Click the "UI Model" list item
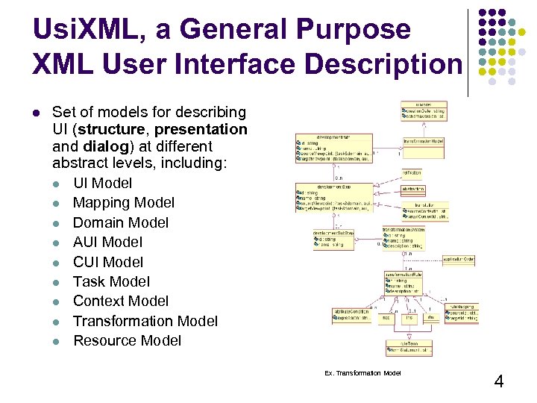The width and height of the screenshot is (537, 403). pyautogui.click(x=102, y=183)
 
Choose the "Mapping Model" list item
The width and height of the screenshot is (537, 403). pyautogui.click(x=123, y=202)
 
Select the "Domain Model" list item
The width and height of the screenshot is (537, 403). pyautogui.click(x=120, y=222)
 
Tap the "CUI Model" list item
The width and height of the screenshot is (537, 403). pyautogui.click(x=108, y=262)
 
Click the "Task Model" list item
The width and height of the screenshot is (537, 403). pyautogui.click(x=111, y=281)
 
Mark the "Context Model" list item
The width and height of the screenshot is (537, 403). pyautogui.click(x=121, y=301)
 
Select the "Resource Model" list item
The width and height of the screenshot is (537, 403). pyautogui.click(x=127, y=340)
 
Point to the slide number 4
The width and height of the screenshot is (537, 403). pyautogui.click(x=499, y=382)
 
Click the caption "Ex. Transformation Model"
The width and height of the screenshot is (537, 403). pyautogui.click(x=362, y=373)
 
